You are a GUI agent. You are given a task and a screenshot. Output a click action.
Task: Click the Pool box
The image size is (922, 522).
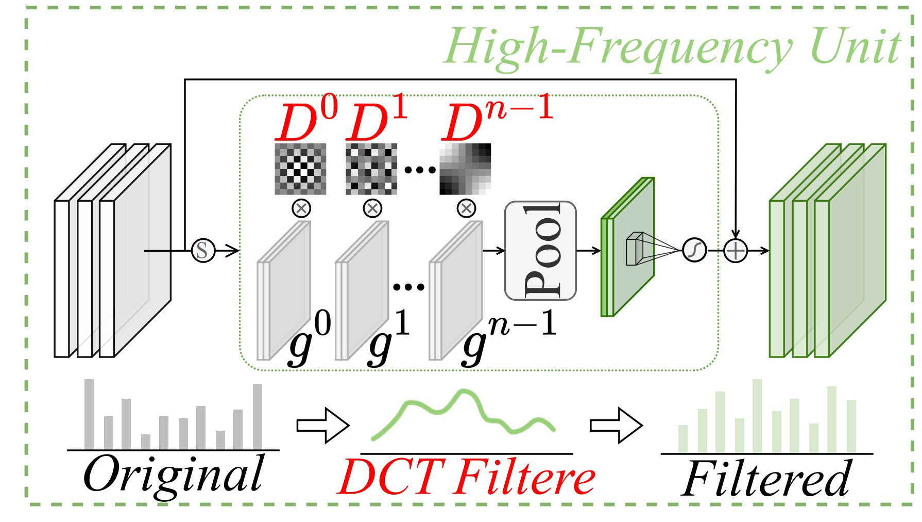[540, 251]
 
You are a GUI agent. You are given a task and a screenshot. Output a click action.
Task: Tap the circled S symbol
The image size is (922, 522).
[203, 251]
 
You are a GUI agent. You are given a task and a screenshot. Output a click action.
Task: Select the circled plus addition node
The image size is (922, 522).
[735, 251]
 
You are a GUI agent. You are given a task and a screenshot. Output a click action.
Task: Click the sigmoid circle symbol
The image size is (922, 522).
[694, 251]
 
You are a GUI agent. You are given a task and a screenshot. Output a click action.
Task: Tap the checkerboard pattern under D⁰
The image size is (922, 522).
[300, 169]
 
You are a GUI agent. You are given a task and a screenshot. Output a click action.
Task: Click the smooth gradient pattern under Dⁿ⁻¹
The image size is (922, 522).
[465, 169]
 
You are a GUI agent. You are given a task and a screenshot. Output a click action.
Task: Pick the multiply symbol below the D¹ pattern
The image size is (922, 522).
[372, 208]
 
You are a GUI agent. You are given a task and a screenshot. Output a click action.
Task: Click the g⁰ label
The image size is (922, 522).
[309, 338]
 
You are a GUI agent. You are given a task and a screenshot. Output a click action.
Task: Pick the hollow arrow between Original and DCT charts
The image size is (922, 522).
[323, 426]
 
